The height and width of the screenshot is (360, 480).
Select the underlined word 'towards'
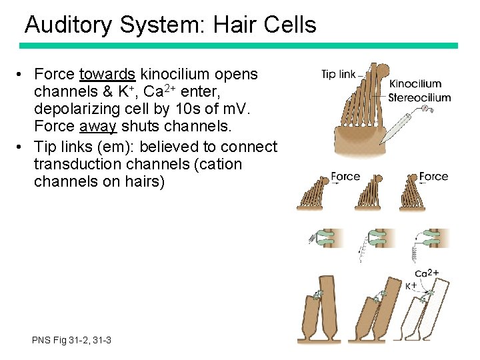coord(107,74)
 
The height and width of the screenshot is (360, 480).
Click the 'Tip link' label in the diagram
coord(338,74)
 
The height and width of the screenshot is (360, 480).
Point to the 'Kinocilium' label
coord(415,84)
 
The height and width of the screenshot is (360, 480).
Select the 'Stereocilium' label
coord(419,97)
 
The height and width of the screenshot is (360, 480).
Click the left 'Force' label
coord(345,177)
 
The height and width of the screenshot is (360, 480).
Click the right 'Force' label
coord(433,177)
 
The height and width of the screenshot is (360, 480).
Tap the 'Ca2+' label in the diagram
coord(426,273)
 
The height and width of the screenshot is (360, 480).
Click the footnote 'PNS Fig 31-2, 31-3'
coord(71,341)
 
